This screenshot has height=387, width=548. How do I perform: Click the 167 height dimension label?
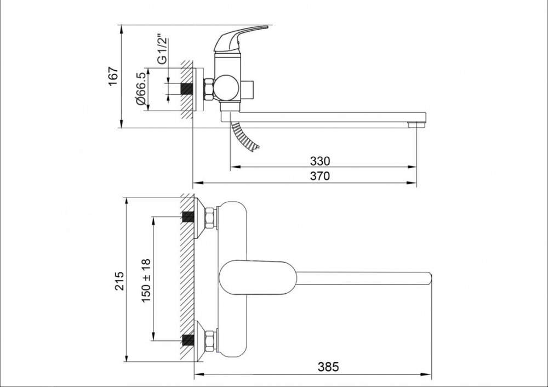click(113, 76)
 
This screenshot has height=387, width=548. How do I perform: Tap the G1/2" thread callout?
click(162, 49)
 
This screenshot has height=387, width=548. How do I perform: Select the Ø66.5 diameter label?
click(141, 89)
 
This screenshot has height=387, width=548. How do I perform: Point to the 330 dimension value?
click(320, 161)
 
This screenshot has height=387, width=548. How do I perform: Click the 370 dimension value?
click(320, 176)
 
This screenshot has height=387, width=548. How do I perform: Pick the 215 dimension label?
click(119, 280)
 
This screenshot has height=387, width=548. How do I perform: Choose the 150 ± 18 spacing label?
click(146, 281)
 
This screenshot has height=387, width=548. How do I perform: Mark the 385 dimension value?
click(328, 367)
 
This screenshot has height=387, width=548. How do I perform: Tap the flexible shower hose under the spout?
click(244, 136)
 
